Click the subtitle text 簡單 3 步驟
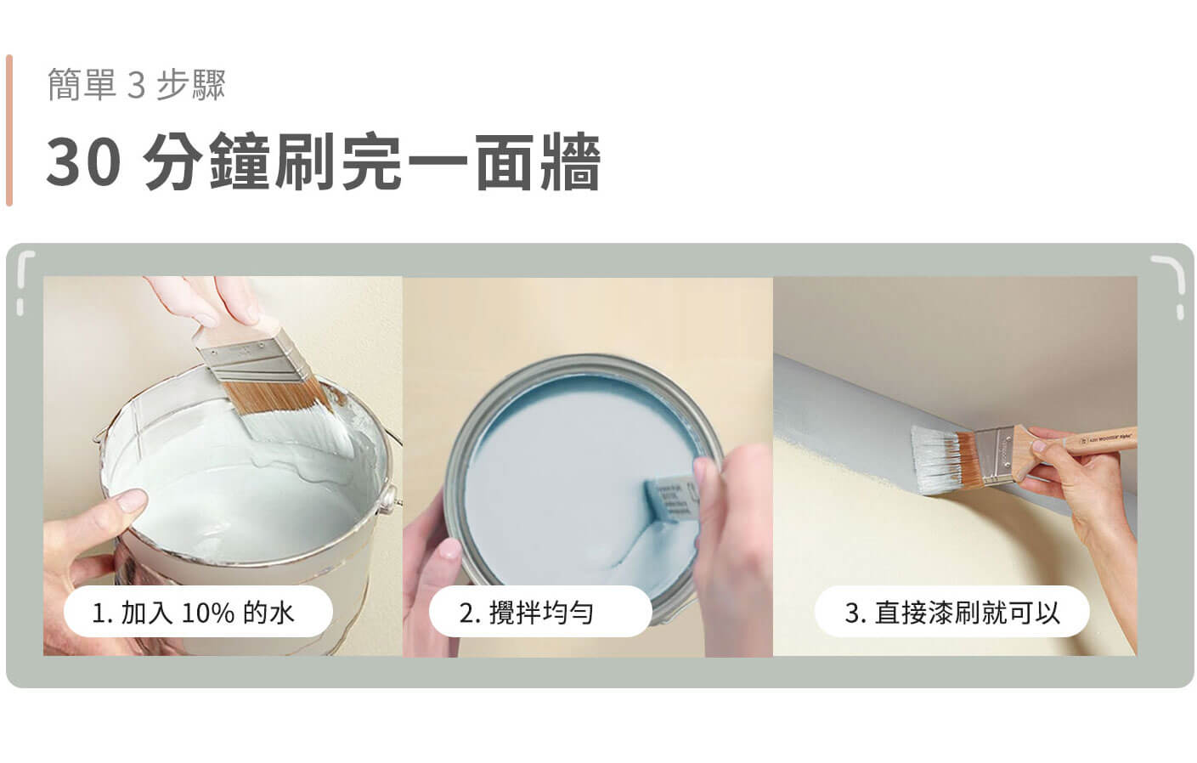[137, 84]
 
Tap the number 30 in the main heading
[84, 161]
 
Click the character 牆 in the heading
[570, 161]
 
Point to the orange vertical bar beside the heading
[9, 130]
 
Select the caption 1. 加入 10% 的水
[193, 613]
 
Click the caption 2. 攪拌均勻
[526, 613]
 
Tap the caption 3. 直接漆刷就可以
[951, 613]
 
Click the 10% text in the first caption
[208, 613]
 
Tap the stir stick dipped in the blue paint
[669, 498]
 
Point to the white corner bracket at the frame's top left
[24, 278]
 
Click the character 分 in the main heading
[173, 161]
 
